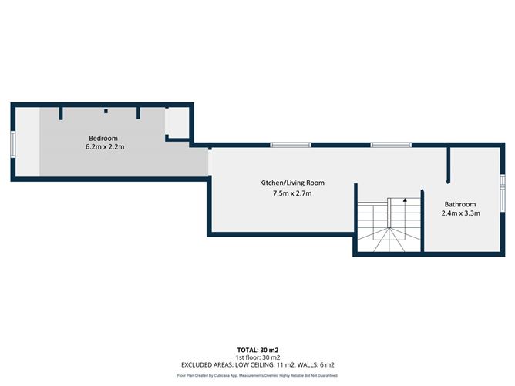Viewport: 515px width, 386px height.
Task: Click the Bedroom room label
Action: pyautogui.click(x=103, y=138)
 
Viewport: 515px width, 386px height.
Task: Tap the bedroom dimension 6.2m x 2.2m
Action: pyautogui.click(x=105, y=146)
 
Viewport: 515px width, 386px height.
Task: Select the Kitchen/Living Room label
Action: pyautogui.click(x=292, y=183)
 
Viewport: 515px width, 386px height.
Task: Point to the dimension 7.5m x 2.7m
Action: pyautogui.click(x=292, y=193)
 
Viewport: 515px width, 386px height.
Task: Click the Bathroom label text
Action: pyautogui.click(x=460, y=204)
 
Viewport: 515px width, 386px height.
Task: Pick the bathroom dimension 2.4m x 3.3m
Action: pyautogui.click(x=461, y=213)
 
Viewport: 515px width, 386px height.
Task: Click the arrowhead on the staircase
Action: pyautogui.click(x=405, y=200)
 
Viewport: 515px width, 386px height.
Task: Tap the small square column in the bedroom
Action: pyautogui.click(x=106, y=111)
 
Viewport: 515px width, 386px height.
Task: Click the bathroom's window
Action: pyautogui.click(x=503, y=193)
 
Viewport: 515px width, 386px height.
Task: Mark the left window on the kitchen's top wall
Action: pyautogui.click(x=291, y=145)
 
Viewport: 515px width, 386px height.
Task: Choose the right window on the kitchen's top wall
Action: pyautogui.click(x=391, y=145)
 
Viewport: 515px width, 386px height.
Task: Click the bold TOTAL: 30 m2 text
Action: pyautogui.click(x=257, y=351)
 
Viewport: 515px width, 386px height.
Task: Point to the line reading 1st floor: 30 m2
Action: pyautogui.click(x=257, y=357)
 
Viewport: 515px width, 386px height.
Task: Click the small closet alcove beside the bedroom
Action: pyautogui.click(x=177, y=123)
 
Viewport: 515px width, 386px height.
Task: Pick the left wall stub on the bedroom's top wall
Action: pyautogui.click(x=61, y=113)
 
